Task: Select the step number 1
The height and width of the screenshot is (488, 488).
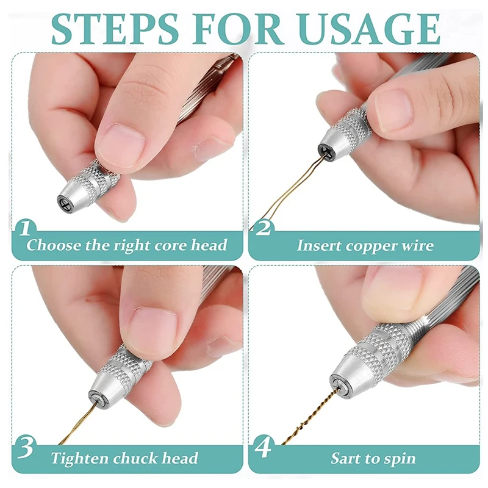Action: tap(25, 229)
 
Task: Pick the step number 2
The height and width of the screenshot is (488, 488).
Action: tap(264, 229)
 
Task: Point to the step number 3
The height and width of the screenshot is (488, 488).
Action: tap(26, 447)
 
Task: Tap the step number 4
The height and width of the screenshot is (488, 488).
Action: tap(264, 447)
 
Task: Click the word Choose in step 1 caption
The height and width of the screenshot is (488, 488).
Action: tap(53, 245)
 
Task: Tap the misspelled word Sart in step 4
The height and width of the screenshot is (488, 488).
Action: tap(345, 459)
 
